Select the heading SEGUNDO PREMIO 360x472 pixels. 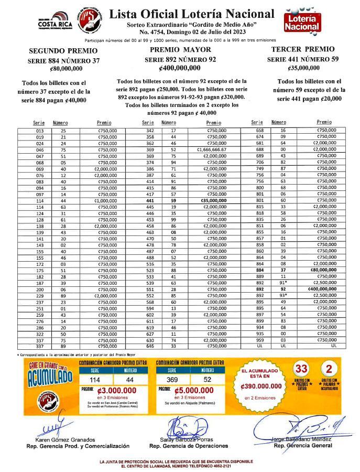click(x=63, y=51)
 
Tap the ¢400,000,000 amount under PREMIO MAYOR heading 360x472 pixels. click(x=180, y=68)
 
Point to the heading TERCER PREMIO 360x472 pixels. click(x=303, y=49)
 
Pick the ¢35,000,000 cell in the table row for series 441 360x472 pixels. click(x=214, y=200)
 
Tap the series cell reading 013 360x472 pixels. click(x=40, y=130)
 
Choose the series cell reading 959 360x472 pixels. click(x=259, y=340)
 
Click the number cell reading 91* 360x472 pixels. click(x=284, y=282)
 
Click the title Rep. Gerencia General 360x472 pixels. click(x=302, y=446)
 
